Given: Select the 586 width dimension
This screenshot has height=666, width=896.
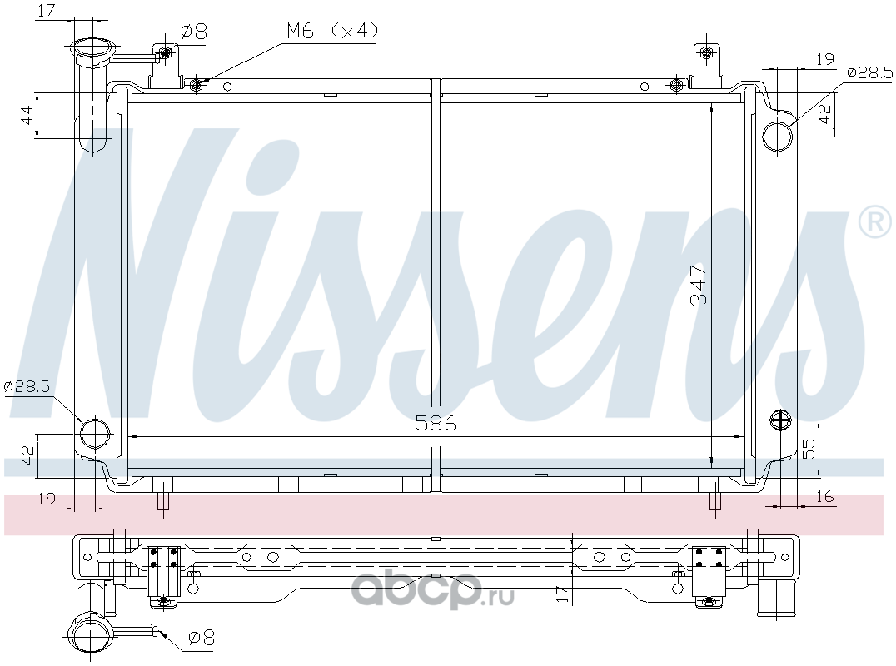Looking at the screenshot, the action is pos(436,423).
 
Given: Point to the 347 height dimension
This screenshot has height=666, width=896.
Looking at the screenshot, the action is pos(699,285).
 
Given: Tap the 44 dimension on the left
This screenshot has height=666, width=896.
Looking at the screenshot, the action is pos(26,115).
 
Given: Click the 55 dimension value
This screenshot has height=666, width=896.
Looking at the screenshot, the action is pos(809,449).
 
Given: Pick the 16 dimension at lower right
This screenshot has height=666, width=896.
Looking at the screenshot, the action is pos(824,497).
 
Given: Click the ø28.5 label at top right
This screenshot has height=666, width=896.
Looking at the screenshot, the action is pos(869,72).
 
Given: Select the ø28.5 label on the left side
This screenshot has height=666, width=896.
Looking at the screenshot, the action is pos(27,386).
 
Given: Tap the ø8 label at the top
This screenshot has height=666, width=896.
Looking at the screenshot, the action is pos(193,32).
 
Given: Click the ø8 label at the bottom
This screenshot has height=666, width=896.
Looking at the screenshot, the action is pos(201,637).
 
